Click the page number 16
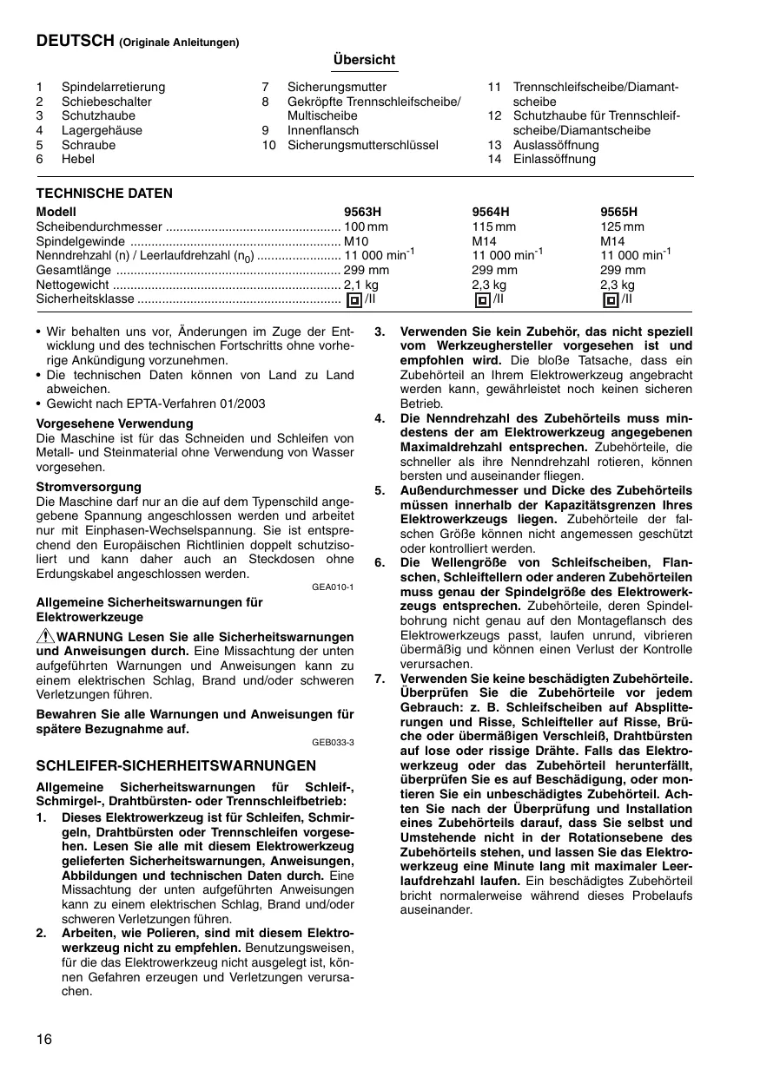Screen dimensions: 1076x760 point(44,1040)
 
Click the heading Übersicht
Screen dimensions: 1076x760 point(364,60)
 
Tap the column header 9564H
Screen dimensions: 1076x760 point(491,212)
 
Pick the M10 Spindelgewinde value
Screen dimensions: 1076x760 point(357,240)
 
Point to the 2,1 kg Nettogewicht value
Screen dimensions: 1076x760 point(361,285)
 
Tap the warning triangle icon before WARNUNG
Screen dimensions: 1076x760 point(45,637)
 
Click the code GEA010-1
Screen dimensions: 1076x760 point(333,587)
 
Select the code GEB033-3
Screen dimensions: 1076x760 point(333,743)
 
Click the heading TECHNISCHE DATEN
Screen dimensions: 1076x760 point(104,194)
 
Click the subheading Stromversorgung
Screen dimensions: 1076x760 point(89,487)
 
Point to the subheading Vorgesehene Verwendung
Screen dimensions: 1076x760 point(115,423)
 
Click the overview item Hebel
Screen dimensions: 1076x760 point(78,160)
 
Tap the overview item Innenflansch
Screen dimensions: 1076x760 point(323,131)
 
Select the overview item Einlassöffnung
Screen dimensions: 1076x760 point(554,160)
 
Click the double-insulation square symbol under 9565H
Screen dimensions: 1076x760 point(610,300)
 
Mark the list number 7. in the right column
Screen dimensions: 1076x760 point(380,678)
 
